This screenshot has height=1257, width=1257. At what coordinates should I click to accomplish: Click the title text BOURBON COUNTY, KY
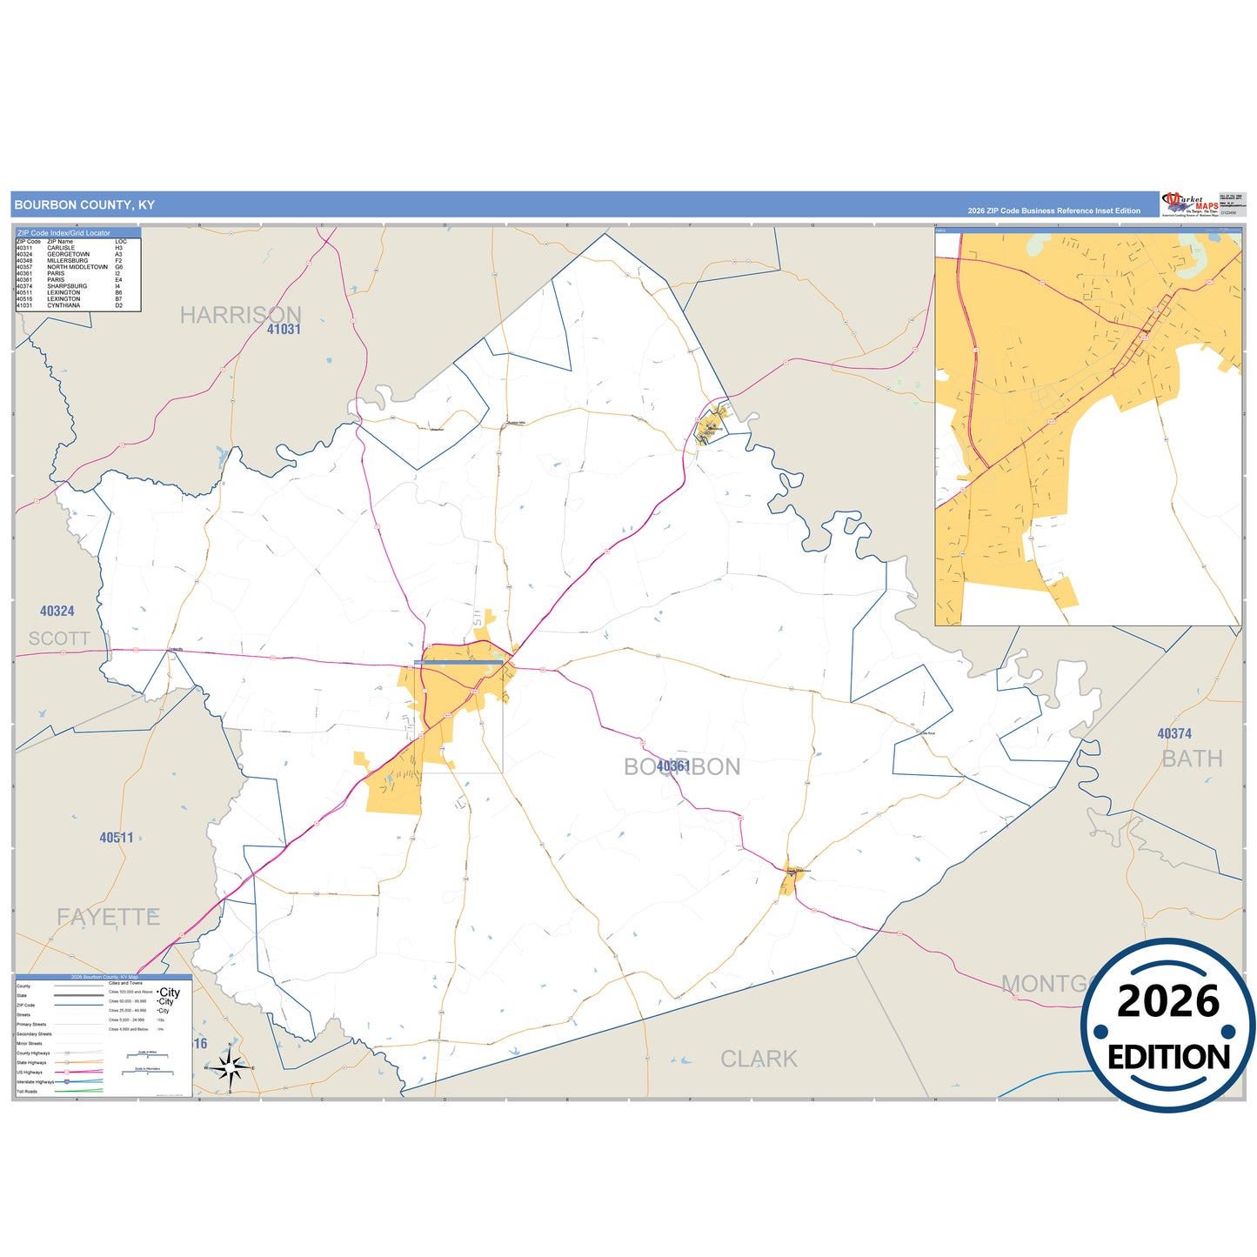pyautogui.click(x=84, y=205)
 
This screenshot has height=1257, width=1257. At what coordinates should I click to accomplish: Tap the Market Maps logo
pyautogui.click(x=1189, y=204)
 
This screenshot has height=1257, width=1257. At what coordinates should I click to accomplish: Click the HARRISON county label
pyautogui.click(x=240, y=315)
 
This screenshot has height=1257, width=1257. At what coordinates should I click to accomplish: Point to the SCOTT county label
pyautogui.click(x=59, y=639)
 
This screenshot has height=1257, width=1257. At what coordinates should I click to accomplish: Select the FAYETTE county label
pyautogui.click(x=109, y=917)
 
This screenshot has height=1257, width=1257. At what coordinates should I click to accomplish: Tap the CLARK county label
pyautogui.click(x=759, y=1059)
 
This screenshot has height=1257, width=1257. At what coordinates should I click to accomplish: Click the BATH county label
pyautogui.click(x=1192, y=759)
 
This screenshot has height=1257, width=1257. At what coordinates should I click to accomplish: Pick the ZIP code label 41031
pyautogui.click(x=284, y=330)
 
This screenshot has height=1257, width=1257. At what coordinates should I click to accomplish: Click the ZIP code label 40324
pyautogui.click(x=57, y=612)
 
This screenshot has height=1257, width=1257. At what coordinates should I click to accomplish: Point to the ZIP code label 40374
pyautogui.click(x=1174, y=734)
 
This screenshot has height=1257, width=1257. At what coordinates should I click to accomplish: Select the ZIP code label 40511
pyautogui.click(x=117, y=838)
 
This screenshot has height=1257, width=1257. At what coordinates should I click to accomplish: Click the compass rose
pyautogui.click(x=230, y=1066)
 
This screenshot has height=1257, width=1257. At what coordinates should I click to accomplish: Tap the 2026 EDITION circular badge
pyautogui.click(x=1167, y=1026)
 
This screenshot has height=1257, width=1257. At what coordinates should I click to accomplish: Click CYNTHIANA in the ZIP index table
pyautogui.click(x=64, y=305)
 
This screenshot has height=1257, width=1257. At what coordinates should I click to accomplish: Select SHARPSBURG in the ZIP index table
pyautogui.click(x=67, y=286)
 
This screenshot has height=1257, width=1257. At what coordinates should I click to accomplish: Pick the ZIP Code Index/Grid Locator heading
pyautogui.click(x=64, y=233)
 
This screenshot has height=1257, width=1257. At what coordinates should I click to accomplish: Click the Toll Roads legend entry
pyautogui.click(x=27, y=1091)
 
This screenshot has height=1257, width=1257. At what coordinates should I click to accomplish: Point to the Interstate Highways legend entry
pyautogui.click(x=35, y=1081)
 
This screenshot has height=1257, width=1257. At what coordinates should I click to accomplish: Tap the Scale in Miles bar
pyautogui.click(x=147, y=1055)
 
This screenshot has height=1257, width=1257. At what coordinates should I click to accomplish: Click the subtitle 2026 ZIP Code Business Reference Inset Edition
pyautogui.click(x=1053, y=211)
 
